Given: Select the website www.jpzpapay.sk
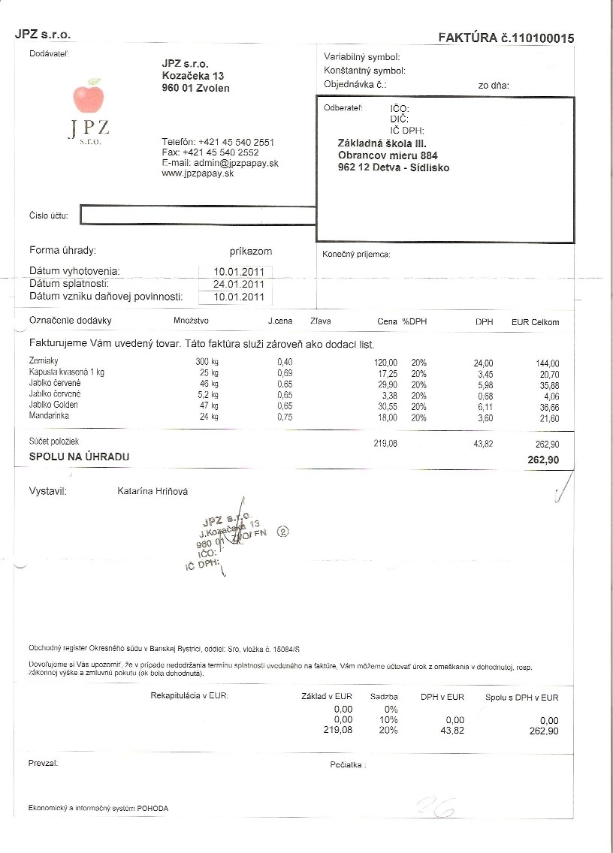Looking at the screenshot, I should (x=198, y=173).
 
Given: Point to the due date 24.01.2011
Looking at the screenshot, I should (x=238, y=285).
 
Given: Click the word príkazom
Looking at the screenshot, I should (x=251, y=251).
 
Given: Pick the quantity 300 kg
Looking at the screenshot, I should (x=207, y=363).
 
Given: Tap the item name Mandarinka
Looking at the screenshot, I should (x=49, y=415).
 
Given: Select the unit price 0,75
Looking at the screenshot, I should (x=285, y=417).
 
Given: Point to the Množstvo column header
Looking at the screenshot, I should (x=191, y=321).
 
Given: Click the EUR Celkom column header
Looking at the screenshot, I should (x=535, y=322).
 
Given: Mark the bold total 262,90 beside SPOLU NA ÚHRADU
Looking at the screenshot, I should (x=543, y=460).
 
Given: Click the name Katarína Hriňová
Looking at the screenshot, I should (x=152, y=491).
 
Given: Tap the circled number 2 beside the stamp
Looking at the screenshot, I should (x=283, y=530).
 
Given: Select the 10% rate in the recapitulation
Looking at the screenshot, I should (x=390, y=719).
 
